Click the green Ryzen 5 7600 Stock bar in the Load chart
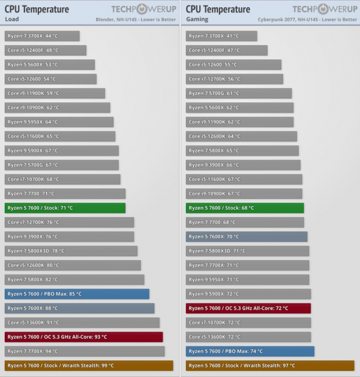tap(65, 208)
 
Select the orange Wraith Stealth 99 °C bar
tap(89, 366)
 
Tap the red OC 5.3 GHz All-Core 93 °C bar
tap(83, 337)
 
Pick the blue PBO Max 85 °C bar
tap(77, 294)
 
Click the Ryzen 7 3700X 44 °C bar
tap(42, 36)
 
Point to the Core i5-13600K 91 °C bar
tap(82, 322)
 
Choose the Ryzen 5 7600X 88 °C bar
tap(79, 309)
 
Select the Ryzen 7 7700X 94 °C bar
tap(84, 351)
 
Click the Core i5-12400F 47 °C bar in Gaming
tap(227, 50)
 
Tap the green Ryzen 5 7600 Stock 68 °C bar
tap(245, 208)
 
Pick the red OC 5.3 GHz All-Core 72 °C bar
tap(248, 309)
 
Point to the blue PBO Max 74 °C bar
tap(250, 351)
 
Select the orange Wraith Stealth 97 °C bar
tap(270, 366)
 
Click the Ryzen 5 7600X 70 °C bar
tap(247, 237)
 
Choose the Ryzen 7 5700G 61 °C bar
tap(239, 94)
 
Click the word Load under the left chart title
tap(11, 19)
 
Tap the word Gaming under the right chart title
tap(195, 19)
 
